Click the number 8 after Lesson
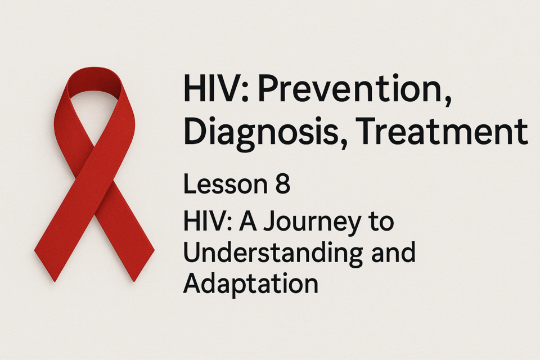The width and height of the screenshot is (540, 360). (283, 184)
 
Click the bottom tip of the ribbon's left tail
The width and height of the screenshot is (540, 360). (55, 281)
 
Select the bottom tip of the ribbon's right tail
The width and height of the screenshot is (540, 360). (134, 281)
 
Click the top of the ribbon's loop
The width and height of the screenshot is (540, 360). (94, 68)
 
